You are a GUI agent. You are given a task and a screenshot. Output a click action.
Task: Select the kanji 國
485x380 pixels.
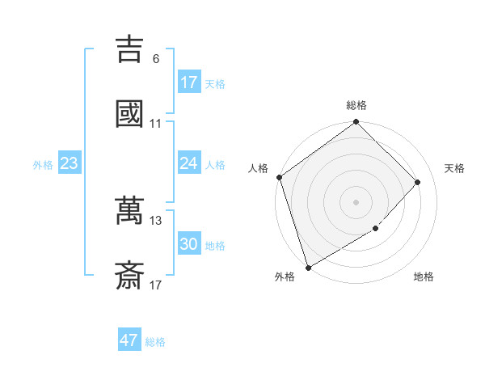pos(129,114)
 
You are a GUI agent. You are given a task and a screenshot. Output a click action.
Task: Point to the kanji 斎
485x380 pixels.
pos(129,276)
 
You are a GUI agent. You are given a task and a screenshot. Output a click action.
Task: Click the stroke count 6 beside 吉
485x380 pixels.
pos(156,59)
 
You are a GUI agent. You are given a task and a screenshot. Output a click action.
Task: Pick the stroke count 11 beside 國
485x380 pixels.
pos(156,125)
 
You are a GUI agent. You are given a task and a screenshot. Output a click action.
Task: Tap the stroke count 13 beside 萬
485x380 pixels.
pos(156,220)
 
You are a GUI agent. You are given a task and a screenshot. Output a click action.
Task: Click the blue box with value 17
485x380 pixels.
pos(189,82)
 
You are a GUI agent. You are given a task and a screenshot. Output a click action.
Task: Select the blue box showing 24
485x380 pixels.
pos(189,163)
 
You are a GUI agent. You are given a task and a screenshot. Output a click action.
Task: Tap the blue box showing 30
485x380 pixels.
pos(189,245)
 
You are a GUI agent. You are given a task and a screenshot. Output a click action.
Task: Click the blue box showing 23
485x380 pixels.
pos(70,164)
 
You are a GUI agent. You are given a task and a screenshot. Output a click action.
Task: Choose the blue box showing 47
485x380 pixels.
pos(129,340)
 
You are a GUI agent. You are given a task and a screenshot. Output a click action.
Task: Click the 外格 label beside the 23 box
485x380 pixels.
pos(43,165)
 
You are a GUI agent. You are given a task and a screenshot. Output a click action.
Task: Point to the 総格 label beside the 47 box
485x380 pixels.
pos(155,342)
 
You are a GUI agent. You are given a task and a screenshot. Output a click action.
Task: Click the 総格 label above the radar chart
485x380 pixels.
pos(356,105)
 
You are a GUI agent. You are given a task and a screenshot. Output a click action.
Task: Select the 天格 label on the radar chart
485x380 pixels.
pos(455,168)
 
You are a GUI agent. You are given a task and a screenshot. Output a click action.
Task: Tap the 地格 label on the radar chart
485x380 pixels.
pos(424,277)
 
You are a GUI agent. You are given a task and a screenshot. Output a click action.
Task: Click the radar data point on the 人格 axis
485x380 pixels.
pos(280,177)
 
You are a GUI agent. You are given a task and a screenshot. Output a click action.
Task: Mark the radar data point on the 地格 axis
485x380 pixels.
pos(376,229)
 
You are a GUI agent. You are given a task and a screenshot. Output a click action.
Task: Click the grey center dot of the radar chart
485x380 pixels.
pos(356,201)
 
